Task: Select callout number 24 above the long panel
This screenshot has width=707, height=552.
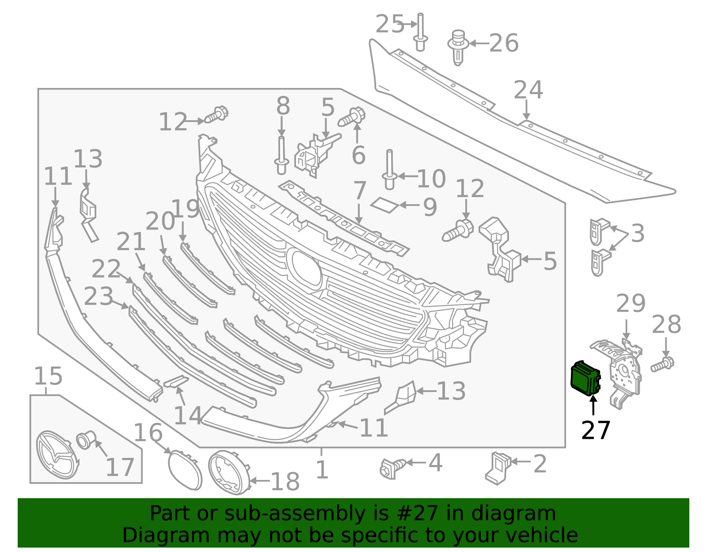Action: tap(528, 90)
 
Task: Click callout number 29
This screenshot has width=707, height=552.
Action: tap(631, 304)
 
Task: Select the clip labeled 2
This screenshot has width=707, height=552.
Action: tap(498, 468)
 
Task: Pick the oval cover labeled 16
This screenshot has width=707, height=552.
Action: tap(184, 470)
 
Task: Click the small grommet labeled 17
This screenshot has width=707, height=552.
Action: tap(85, 441)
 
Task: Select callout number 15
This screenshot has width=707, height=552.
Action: tap(48, 377)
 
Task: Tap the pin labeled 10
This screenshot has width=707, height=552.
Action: tap(389, 170)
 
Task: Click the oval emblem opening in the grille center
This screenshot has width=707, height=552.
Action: tap(304, 267)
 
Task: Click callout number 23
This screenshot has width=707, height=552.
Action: tap(98, 297)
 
